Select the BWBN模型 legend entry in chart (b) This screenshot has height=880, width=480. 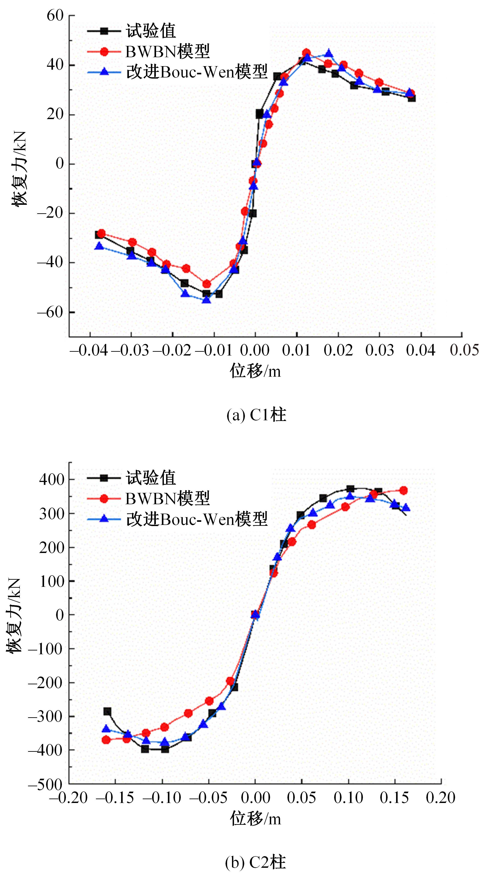(x=167, y=499)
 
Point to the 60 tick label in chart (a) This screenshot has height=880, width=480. (x=55, y=16)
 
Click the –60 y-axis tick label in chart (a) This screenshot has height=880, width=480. (x=51, y=312)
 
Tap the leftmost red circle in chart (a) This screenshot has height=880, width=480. (x=101, y=233)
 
